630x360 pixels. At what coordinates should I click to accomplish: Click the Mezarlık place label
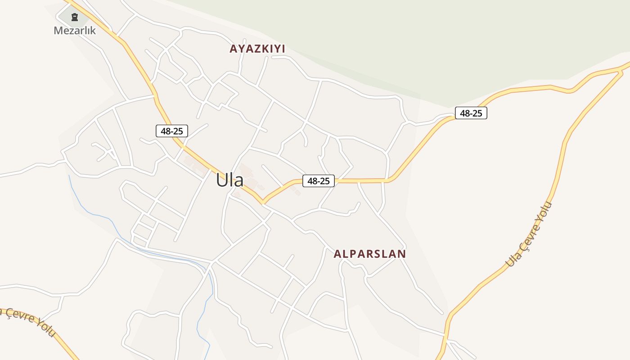pyautogui.click(x=75, y=31)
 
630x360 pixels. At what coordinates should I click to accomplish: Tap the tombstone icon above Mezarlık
pyautogui.click(x=75, y=17)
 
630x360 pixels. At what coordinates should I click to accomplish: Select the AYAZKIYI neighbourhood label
pyautogui.click(x=257, y=49)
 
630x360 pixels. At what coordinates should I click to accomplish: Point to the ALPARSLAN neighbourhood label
pyautogui.click(x=369, y=254)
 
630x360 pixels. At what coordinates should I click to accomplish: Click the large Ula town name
pyautogui.click(x=229, y=180)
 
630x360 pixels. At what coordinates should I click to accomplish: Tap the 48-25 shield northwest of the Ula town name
pyautogui.click(x=171, y=131)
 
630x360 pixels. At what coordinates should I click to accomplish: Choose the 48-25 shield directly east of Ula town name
pyautogui.click(x=318, y=181)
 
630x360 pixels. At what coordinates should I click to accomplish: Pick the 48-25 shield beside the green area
pyautogui.click(x=471, y=113)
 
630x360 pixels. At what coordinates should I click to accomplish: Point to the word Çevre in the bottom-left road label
pyautogui.click(x=19, y=315)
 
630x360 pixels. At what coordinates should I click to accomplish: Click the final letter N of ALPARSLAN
pyautogui.click(x=402, y=254)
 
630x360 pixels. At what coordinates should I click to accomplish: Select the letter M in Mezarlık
pyautogui.click(x=58, y=31)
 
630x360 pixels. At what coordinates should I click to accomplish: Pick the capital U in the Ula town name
pyautogui.click(x=221, y=180)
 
